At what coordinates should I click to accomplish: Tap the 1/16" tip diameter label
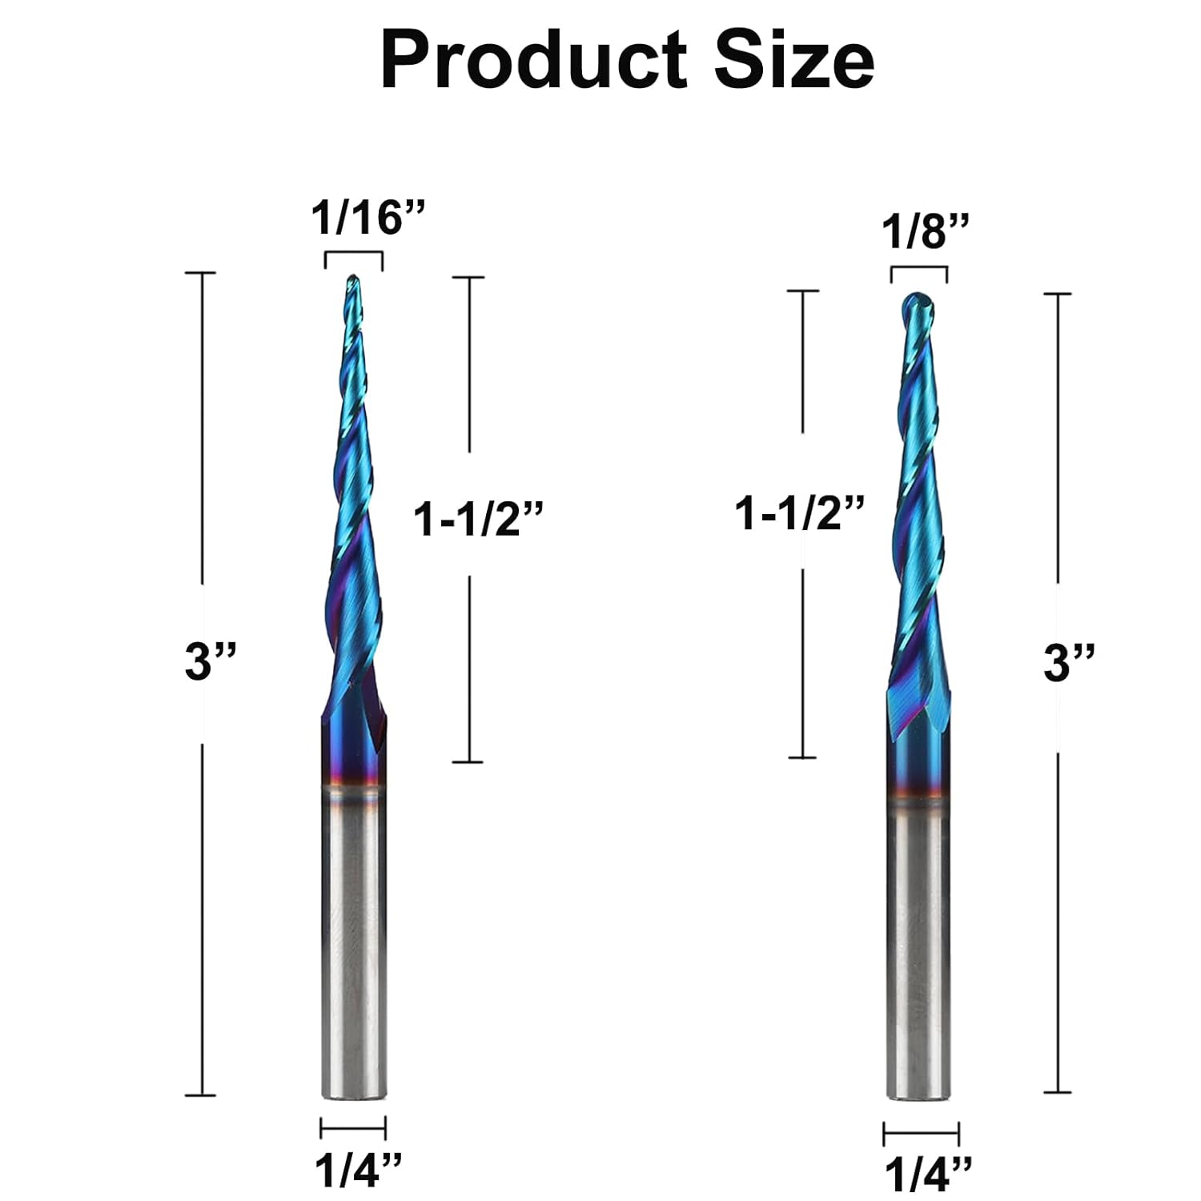coord(368,218)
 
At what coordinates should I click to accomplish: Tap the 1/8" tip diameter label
coord(925,233)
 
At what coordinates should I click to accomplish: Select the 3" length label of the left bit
coord(211,662)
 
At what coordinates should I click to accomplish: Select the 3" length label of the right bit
coord(1068,664)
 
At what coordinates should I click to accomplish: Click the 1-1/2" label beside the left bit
coord(478,520)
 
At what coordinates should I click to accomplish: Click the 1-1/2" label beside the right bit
coord(800,512)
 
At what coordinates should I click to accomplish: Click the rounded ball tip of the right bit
coord(918,303)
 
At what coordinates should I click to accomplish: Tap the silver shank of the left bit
coord(353,945)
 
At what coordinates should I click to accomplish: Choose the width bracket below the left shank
coord(353,1128)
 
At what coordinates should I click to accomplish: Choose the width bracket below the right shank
coord(921,1134)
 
